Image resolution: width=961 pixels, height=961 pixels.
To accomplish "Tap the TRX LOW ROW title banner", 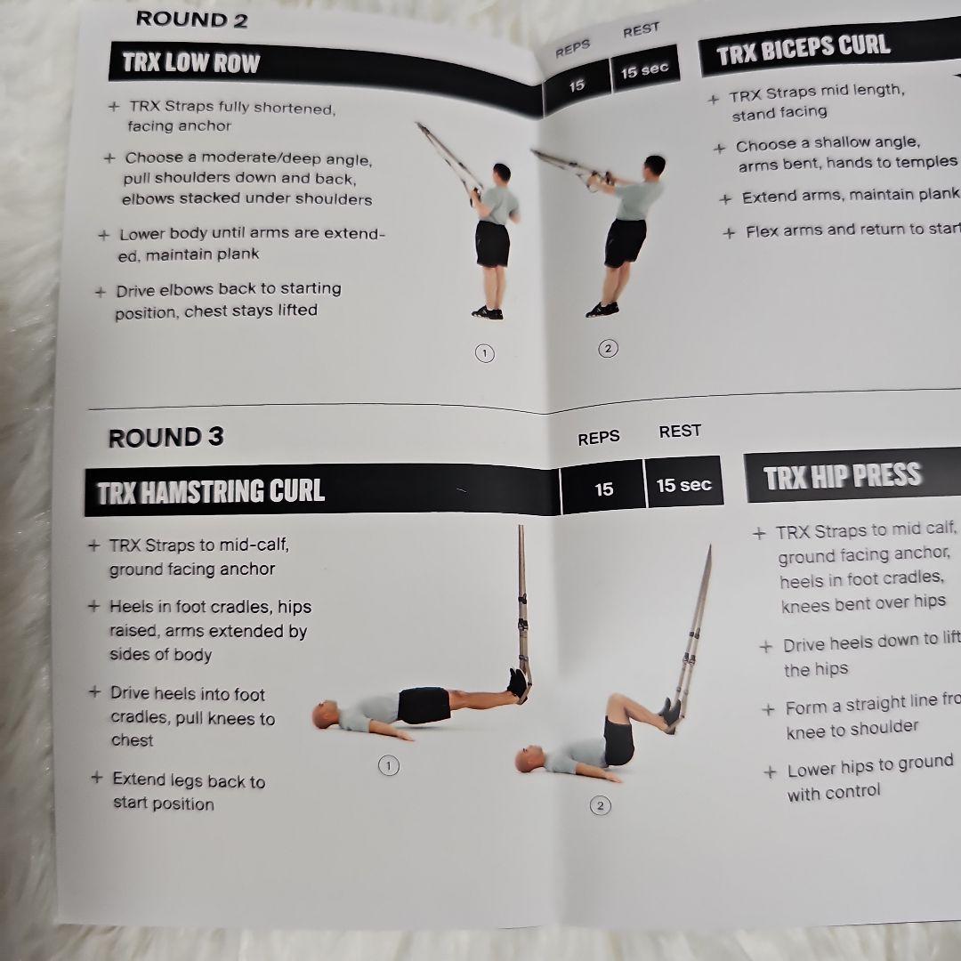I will click(190, 63).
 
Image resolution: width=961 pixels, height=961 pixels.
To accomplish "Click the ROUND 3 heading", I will click(166, 437).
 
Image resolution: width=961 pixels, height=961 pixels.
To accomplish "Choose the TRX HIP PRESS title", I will click(841, 477).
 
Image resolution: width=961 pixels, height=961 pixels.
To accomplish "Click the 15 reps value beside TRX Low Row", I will click(577, 85).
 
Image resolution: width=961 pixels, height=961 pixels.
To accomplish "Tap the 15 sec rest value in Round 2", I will click(644, 70).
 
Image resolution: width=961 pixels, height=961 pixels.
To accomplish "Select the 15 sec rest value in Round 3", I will click(683, 485).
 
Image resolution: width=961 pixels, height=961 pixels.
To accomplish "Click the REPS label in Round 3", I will click(598, 438).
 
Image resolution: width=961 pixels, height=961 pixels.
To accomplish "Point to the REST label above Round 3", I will click(680, 431).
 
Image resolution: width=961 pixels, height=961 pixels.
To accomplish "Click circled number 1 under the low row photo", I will click(484, 353).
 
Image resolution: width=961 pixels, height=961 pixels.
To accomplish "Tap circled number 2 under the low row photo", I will click(608, 348).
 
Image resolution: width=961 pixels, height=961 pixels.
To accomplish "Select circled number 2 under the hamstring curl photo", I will click(600, 806).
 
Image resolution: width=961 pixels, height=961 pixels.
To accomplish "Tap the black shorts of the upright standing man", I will click(492, 243).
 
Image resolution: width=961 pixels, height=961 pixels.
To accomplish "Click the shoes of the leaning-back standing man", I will click(602, 309).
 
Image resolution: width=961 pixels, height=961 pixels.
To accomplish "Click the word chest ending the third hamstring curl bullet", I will click(132, 740).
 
